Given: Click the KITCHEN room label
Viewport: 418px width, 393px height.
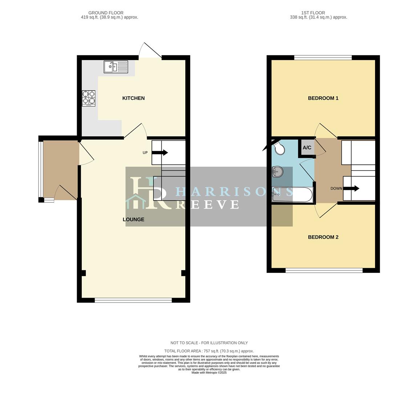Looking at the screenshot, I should (x=133, y=98).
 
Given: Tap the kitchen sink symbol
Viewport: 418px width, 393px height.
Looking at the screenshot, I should (x=116, y=67).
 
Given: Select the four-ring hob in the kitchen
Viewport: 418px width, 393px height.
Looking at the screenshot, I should (x=89, y=98).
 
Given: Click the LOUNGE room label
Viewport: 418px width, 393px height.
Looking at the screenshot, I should (x=133, y=219).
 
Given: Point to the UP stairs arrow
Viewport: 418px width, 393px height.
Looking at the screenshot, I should (x=160, y=152).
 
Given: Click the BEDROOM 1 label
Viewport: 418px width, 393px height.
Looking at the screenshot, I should (x=323, y=98).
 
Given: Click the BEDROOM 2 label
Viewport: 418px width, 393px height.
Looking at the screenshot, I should (x=323, y=237).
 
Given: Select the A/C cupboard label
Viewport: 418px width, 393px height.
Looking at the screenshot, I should (x=307, y=148).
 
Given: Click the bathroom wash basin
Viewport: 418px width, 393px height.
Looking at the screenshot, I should (x=278, y=171).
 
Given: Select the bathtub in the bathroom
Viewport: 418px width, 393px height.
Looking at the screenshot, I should (x=292, y=195).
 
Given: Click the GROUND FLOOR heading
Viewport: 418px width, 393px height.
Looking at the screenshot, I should (x=106, y=13).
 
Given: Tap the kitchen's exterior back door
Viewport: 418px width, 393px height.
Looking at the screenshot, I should (x=150, y=51).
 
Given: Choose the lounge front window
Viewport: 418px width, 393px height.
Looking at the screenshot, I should (x=133, y=300).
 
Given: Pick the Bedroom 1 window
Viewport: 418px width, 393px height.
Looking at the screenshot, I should (x=323, y=57).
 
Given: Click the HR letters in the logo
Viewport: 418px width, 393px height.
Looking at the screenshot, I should (x=149, y=193).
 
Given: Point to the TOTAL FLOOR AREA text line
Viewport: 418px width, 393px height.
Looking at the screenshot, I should (x=209, y=351).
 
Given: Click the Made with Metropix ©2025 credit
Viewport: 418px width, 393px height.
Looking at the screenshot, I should (x=209, y=373).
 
